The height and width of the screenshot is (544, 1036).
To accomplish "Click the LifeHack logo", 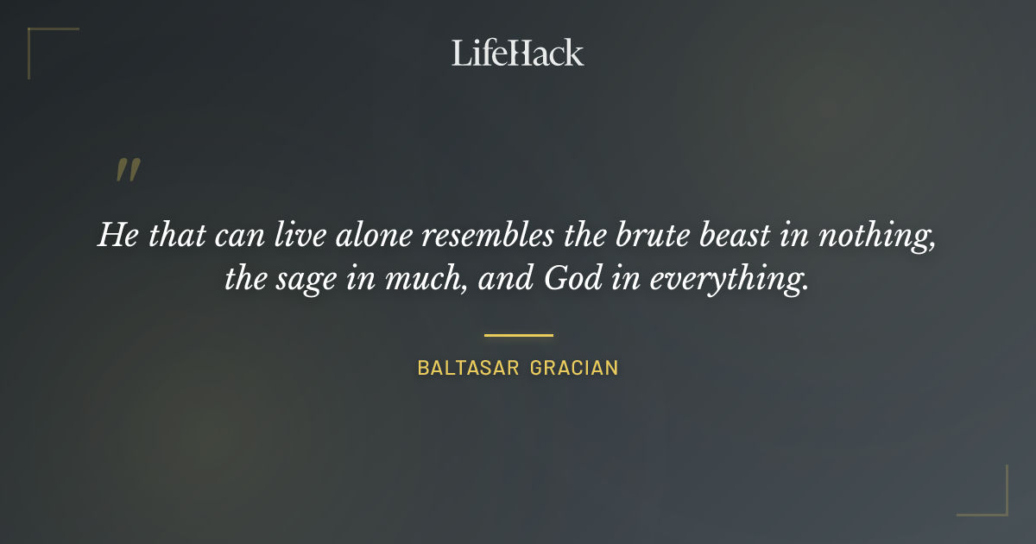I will [x=517, y=54].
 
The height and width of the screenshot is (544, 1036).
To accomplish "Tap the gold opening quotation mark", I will [x=128, y=170].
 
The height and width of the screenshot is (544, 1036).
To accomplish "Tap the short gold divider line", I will [x=518, y=335].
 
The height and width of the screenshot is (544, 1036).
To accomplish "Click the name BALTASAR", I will [x=468, y=368].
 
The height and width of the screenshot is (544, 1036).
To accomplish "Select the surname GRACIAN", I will [x=574, y=368].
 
